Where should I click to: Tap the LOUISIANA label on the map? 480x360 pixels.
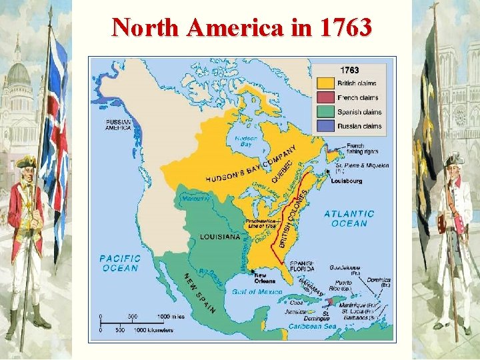tap(220, 237)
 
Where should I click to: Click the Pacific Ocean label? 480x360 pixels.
tap(120, 263)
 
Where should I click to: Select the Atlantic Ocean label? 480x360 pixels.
tap(349, 219)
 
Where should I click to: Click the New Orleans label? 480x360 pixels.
tap(265, 278)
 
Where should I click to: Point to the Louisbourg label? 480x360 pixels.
tap(347, 180)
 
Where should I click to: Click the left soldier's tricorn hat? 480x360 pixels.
tap(27, 161)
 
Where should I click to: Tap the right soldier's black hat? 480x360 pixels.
tap(453, 158)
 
